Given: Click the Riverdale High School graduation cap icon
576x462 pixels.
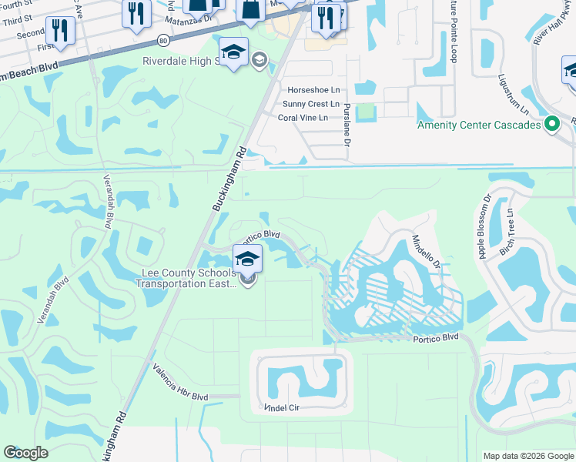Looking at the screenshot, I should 233,52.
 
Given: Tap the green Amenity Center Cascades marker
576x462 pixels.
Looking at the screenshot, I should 551,124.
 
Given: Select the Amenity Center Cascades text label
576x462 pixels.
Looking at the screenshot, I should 480,125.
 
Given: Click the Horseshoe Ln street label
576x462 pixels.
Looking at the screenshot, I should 313,90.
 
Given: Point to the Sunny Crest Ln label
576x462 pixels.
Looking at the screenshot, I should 310,104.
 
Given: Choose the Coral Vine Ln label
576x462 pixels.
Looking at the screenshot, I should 303,117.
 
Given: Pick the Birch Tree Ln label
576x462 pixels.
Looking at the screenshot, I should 509,230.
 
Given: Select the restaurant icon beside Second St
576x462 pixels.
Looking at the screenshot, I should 59,31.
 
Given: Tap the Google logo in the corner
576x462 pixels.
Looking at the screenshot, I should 26,453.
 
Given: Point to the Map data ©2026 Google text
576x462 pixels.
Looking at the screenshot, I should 527,456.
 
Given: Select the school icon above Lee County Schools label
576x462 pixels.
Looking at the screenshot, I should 247,259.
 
